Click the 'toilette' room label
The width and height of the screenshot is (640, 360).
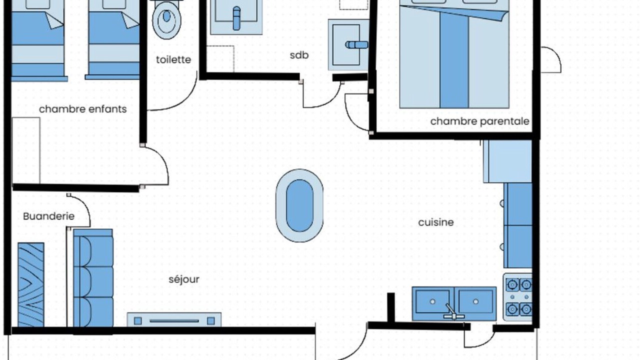(173, 59)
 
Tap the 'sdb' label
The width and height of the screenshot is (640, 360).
(299, 55)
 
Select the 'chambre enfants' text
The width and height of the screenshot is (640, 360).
(83, 109)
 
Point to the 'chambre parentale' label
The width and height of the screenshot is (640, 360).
(479, 121)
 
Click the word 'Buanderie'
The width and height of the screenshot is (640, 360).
(49, 216)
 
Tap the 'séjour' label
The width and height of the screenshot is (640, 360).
(184, 279)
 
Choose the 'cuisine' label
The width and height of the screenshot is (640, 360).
(436, 222)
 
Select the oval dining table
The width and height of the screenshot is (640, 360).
(299, 205)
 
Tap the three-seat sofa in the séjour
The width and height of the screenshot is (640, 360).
(93, 278)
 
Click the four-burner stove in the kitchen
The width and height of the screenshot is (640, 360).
(518, 297)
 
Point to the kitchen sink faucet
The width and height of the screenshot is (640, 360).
(452, 312)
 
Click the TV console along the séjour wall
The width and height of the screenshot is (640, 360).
(174, 319)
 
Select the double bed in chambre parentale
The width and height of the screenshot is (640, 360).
(454, 54)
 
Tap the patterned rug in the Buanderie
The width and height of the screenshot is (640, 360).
(31, 285)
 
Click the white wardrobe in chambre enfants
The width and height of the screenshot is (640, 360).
(26, 150)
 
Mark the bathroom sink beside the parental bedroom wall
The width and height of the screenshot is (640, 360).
(348, 45)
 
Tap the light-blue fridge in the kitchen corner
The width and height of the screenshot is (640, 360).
(507, 161)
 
